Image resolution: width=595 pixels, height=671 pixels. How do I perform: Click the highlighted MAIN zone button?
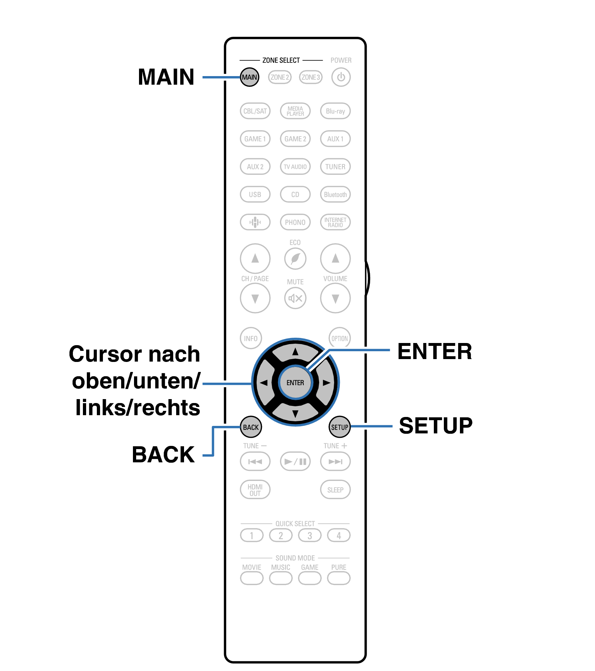pos(249,77)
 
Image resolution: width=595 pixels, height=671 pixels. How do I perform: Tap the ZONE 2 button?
pos(279,77)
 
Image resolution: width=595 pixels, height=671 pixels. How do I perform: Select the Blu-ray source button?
pos(335,111)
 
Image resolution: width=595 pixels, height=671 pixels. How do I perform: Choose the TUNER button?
pos(335,167)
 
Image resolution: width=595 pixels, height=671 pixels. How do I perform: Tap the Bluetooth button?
pos(335,195)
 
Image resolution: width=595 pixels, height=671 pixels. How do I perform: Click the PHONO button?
pos(295,222)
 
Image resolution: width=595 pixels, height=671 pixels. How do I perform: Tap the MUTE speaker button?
pos(295,298)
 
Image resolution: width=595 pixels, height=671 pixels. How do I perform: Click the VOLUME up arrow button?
pos(335,258)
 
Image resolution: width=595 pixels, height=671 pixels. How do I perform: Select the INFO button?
pos(251,338)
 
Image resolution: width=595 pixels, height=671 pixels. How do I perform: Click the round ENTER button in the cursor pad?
pos(295,383)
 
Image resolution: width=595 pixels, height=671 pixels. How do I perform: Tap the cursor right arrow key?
pos(326,383)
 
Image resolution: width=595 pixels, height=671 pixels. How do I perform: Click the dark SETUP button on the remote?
pos(339,427)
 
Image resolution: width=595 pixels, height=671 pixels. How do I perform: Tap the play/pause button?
pos(295,462)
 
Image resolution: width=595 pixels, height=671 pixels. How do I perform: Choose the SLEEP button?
pos(335,490)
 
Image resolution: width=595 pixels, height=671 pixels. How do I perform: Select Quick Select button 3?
pos(309,536)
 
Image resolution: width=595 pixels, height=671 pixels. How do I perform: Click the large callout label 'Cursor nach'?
pos(134,354)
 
